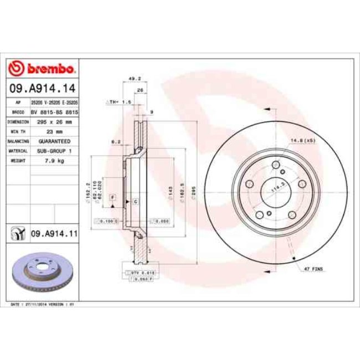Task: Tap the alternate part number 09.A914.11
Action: (53, 234)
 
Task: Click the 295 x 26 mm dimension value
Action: (55, 121)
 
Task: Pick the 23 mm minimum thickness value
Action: (55, 131)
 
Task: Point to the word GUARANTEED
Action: (55, 141)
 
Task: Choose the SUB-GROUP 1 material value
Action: (55, 151)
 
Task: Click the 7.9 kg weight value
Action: (55, 161)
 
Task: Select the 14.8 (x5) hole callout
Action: (302, 141)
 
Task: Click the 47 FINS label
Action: (313, 269)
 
